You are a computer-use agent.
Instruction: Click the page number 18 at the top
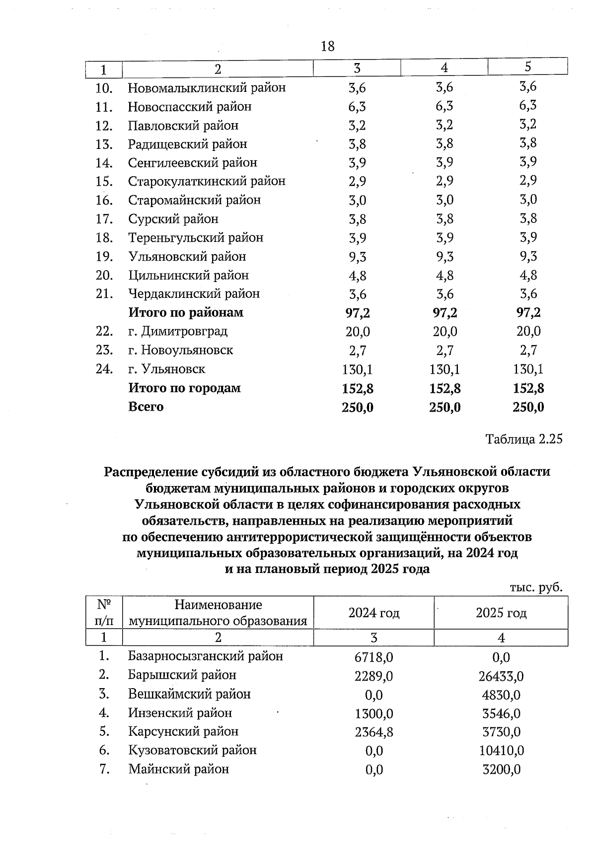(x=328, y=47)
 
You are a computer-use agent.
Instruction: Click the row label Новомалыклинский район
(x=207, y=88)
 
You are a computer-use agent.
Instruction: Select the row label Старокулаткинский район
(x=207, y=181)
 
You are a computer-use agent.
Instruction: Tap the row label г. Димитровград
(x=178, y=331)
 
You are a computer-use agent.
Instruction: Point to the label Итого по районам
(x=186, y=312)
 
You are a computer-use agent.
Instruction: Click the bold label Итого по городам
(x=184, y=388)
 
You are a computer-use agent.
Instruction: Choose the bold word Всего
(x=146, y=407)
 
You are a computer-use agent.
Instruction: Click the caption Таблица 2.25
(x=524, y=439)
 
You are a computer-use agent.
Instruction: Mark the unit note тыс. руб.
(x=536, y=587)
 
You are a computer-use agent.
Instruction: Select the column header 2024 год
(x=373, y=613)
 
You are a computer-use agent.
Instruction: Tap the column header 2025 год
(x=501, y=613)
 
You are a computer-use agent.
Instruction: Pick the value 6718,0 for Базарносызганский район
(x=373, y=657)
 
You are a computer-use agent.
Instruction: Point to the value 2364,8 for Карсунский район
(x=373, y=732)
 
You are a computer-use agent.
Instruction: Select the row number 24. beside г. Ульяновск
(x=104, y=369)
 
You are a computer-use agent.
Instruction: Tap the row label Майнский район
(x=178, y=769)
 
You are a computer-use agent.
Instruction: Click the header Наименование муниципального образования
(x=218, y=613)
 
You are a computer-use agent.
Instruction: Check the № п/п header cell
(x=104, y=613)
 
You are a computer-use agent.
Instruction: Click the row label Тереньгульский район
(x=195, y=238)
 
